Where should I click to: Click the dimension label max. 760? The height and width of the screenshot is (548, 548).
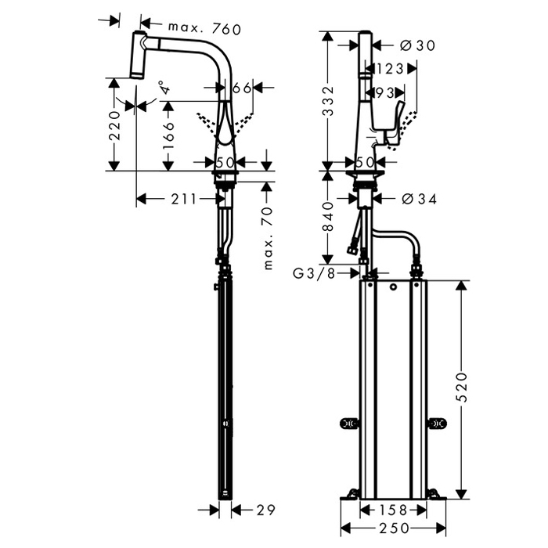coord(205,29)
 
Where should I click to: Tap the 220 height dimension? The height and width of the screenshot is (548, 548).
coord(114,126)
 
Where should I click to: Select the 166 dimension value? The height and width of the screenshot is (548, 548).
coord(168,135)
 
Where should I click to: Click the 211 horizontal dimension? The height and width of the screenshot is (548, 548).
coord(184,199)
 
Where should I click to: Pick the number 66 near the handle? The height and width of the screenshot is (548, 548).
coord(242,88)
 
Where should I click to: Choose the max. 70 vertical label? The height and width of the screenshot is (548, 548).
coord(268,238)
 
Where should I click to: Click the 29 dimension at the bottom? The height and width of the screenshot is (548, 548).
coord(265,510)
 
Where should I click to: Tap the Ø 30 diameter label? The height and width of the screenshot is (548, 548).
coord(417,45)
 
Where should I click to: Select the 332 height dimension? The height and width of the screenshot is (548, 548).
coord(328,101)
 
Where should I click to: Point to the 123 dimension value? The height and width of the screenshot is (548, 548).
coord(389,69)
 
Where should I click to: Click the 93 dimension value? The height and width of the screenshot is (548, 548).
coord(384,92)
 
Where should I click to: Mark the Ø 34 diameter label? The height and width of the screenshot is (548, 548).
coord(420,199)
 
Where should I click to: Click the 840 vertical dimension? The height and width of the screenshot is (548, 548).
coord(328,217)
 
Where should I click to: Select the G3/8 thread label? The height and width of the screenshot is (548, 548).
coord(314,274)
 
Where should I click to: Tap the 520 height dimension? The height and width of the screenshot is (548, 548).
coord(462,387)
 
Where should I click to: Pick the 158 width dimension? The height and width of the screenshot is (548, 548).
coord(393,510)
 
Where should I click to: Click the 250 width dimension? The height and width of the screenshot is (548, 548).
coord(394,528)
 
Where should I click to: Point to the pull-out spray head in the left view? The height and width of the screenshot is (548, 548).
coord(139,55)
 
